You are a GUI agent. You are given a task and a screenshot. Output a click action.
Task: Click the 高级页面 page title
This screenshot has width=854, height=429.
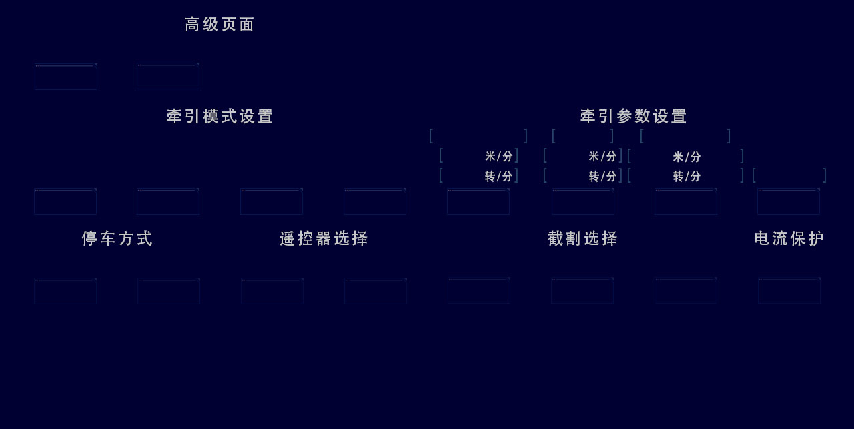[x=220, y=25]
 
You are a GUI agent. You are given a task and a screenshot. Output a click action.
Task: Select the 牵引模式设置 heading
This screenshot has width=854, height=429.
[x=220, y=117]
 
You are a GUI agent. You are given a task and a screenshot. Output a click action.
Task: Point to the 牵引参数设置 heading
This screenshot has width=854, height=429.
[x=633, y=117]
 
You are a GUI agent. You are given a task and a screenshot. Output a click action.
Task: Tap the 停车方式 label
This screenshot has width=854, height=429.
[x=117, y=239]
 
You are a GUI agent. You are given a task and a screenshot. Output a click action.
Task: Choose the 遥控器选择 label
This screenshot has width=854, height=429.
[x=324, y=239]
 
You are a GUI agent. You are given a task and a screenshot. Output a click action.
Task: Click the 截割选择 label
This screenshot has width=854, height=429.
[x=582, y=239]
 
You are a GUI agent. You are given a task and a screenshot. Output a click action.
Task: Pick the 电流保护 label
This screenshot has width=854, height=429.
[x=789, y=239]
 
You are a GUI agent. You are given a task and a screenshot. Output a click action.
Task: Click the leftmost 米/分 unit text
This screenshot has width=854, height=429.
[x=499, y=157]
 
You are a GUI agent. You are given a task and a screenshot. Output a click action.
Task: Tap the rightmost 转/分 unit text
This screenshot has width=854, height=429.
[x=687, y=177]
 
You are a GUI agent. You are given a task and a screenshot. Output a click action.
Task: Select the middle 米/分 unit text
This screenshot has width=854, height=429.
[x=602, y=157]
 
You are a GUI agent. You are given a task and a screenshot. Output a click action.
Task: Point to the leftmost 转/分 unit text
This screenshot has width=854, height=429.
[x=499, y=177]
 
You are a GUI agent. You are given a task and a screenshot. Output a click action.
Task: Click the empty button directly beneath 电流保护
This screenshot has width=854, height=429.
[x=789, y=291]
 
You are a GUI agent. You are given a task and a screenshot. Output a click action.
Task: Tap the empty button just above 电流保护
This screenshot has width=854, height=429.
[x=788, y=201]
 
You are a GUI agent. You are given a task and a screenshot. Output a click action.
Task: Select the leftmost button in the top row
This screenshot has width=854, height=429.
[x=66, y=77]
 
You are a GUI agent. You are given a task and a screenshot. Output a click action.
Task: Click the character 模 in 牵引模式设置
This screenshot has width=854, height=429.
[x=211, y=117]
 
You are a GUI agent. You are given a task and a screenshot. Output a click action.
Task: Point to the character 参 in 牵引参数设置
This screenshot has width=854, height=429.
[x=624, y=117]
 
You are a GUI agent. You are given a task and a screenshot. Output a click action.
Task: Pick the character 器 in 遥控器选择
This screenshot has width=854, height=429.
[x=324, y=239]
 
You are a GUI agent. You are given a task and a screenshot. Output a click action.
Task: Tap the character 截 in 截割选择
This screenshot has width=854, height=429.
[x=556, y=239]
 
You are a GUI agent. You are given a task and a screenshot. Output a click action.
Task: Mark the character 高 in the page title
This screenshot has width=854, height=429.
[x=192, y=25]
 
